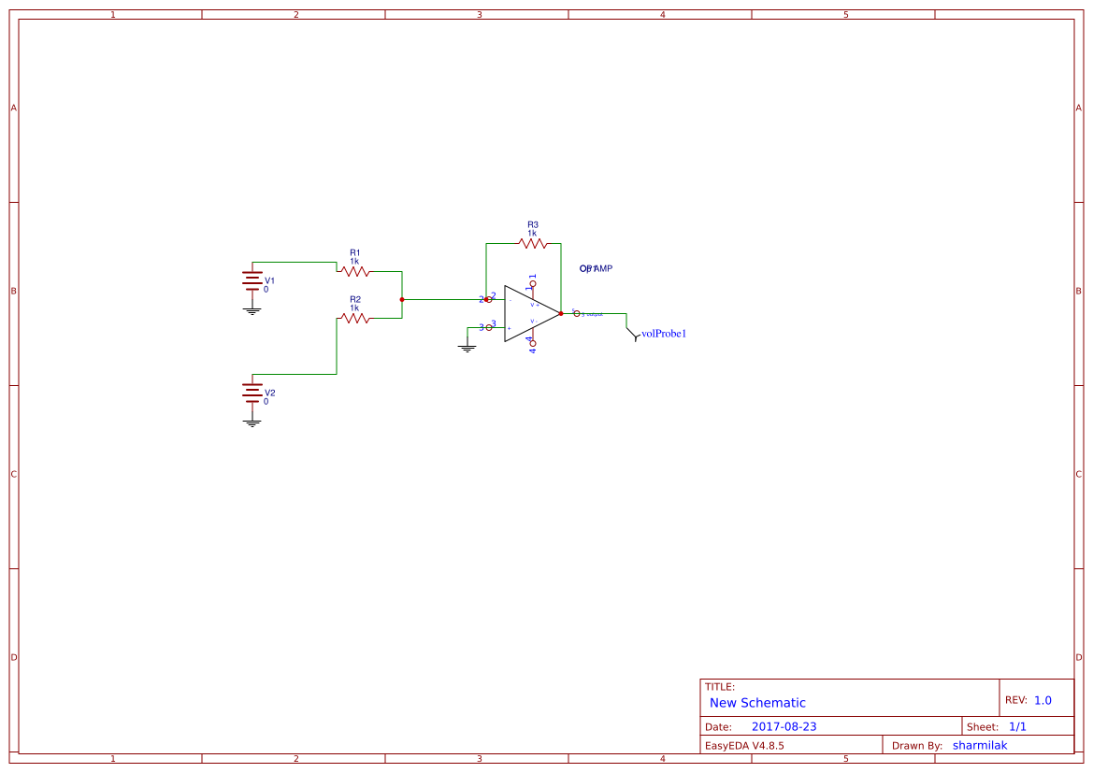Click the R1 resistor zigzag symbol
pos(354,271)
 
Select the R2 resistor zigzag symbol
pos(354,318)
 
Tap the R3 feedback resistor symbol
pos(532,243)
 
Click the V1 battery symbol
pos(252,279)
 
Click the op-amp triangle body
pos(528,313)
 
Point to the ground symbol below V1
pos(252,309)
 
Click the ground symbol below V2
pos(252,422)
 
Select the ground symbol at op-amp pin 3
pos(467,348)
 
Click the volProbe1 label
pos(664,334)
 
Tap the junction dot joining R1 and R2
pos(401,299)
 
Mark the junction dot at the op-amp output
pos(561,313)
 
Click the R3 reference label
pos(533,224)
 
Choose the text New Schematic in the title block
pos(757,703)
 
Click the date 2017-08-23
pos(784,726)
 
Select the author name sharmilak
pos(980,746)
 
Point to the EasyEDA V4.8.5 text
pos(744,746)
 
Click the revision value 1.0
pos(1043,700)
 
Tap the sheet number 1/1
pos(1017,726)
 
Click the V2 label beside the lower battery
pos(270,393)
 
